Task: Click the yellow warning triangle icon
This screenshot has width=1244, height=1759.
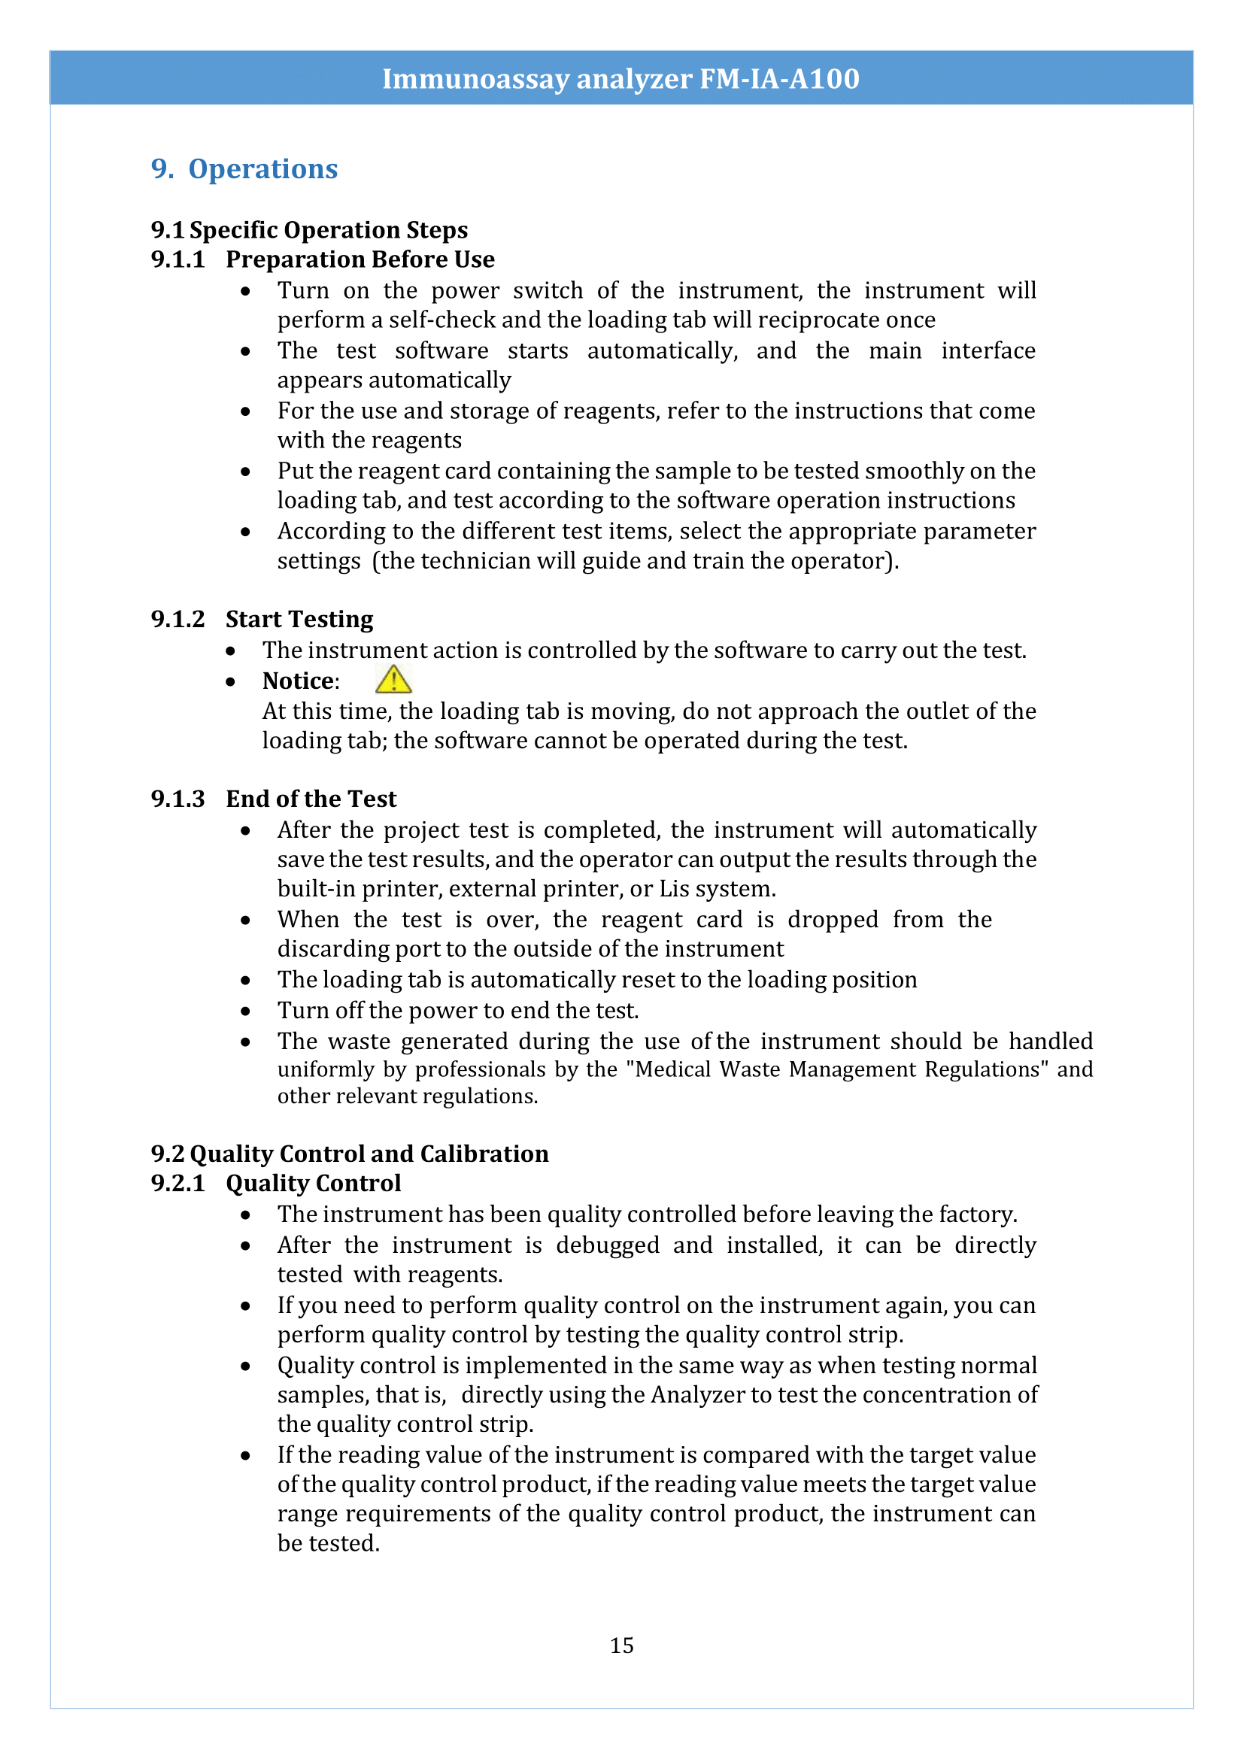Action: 393,680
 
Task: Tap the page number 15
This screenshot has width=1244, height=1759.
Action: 621,1645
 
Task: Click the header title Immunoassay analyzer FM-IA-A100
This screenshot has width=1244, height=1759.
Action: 620,78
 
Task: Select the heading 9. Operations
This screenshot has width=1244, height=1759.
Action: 244,168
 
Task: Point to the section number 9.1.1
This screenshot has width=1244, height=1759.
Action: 177,259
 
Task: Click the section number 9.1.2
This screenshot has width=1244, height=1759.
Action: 177,619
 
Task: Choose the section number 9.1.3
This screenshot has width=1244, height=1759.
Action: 177,799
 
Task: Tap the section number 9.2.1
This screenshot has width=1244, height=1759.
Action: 177,1184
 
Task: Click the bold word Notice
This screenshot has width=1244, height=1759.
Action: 299,681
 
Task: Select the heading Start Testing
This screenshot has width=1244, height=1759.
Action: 299,619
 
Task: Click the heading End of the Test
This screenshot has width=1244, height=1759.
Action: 311,799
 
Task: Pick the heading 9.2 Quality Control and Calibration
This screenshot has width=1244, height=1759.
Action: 349,1154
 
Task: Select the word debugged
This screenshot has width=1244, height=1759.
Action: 608,1245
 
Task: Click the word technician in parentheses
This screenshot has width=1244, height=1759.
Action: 475,562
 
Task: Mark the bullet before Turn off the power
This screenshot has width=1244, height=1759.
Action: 245,1011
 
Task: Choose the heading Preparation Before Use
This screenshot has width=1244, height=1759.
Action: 360,259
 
